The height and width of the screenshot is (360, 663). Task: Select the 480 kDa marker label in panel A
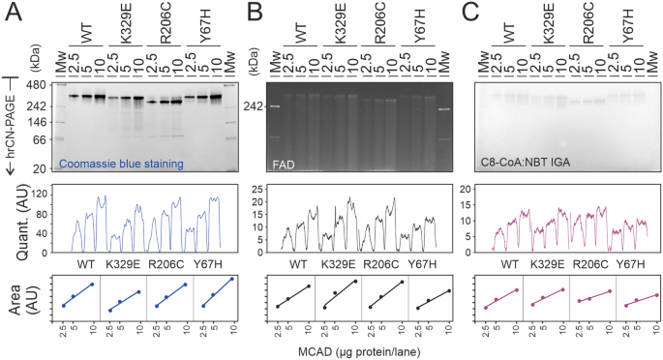[39, 84]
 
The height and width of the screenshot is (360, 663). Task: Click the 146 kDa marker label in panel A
[39, 122]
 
